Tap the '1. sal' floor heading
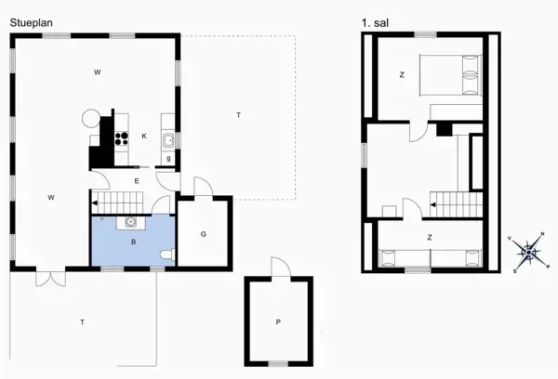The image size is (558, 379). [x=375, y=20]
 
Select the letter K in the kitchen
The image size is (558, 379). [x=144, y=136]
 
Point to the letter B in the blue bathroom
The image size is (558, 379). [x=134, y=242]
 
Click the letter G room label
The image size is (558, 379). [x=203, y=234]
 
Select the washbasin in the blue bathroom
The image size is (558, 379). [x=130, y=221]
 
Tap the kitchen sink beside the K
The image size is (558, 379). [x=168, y=140]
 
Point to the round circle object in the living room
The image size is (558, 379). [x=91, y=118]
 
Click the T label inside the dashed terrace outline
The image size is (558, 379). [x=238, y=114]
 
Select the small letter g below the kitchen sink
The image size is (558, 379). [x=168, y=159]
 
